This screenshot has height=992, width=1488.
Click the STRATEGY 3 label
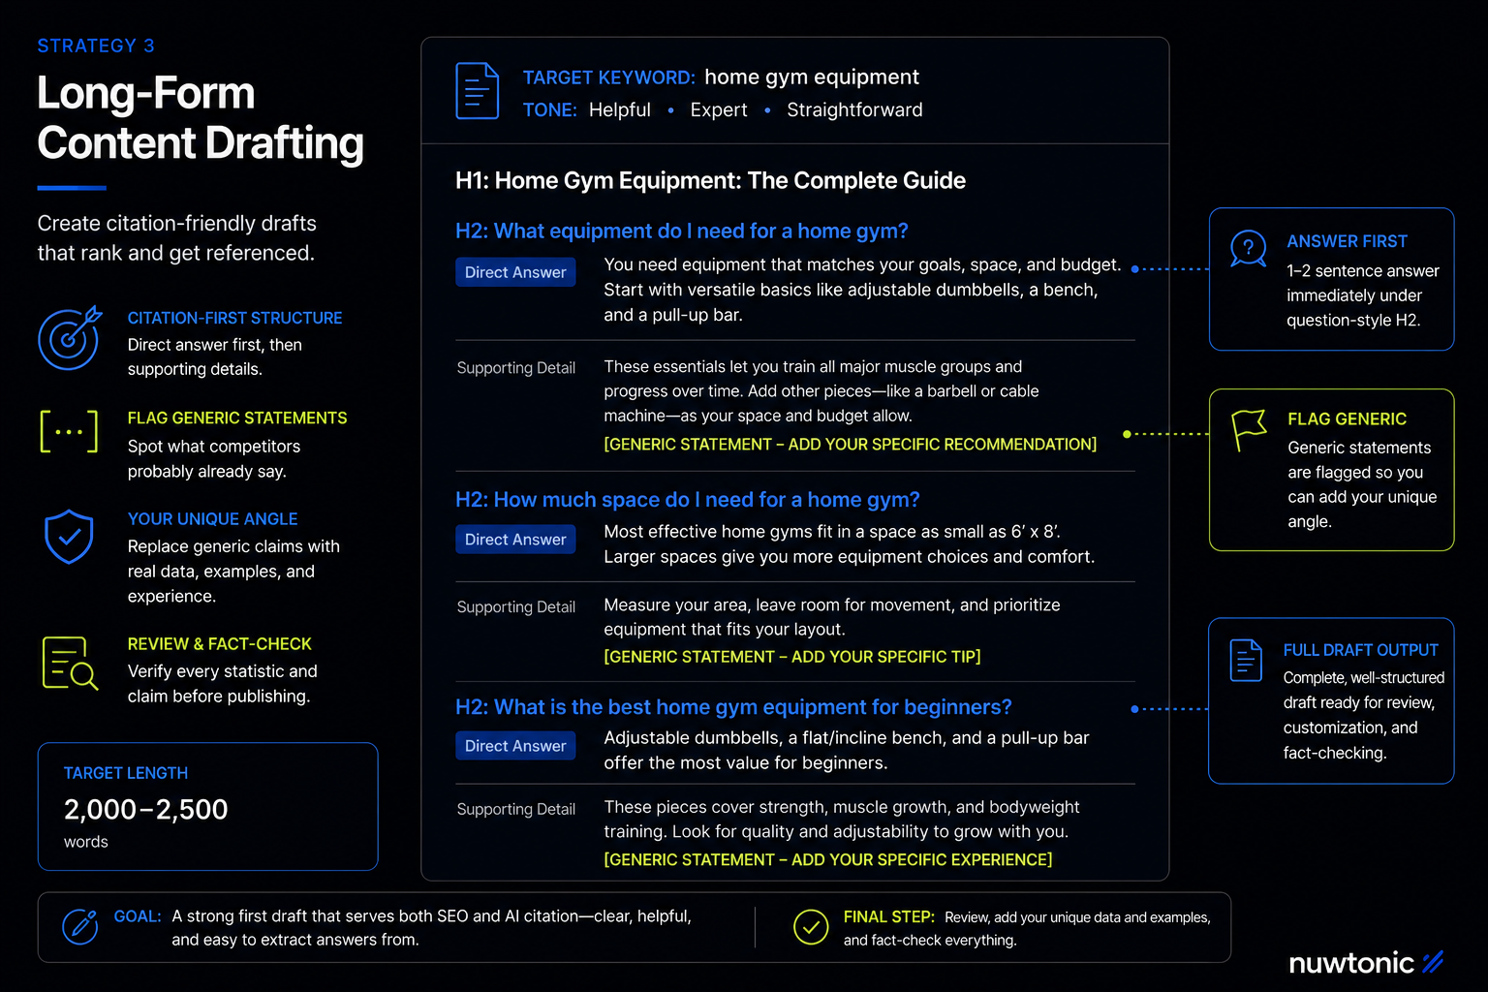point(96,46)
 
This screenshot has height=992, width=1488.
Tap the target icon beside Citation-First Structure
point(69,337)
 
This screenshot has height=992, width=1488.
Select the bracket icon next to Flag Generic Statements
point(69,432)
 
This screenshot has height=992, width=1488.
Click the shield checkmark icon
point(69,537)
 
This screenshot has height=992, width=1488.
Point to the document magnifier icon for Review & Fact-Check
point(70,663)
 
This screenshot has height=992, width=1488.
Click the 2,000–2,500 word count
point(145,809)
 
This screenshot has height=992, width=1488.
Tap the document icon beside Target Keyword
point(477,91)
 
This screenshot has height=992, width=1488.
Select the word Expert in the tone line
point(718,109)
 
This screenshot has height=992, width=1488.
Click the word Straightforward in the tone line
point(854,109)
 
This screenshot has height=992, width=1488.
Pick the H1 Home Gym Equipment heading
point(710,181)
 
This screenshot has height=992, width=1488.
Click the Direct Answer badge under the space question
point(515,540)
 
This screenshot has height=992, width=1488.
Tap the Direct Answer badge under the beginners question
point(515,746)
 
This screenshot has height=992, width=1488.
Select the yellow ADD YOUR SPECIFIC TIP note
point(791,657)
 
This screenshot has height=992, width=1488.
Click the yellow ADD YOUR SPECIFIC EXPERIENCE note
point(827,860)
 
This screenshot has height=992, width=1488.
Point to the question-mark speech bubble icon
point(1248,249)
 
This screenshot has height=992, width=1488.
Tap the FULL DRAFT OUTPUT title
point(1360,650)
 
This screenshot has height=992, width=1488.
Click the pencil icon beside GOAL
point(80,926)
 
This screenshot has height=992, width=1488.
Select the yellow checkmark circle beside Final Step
point(811,927)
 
